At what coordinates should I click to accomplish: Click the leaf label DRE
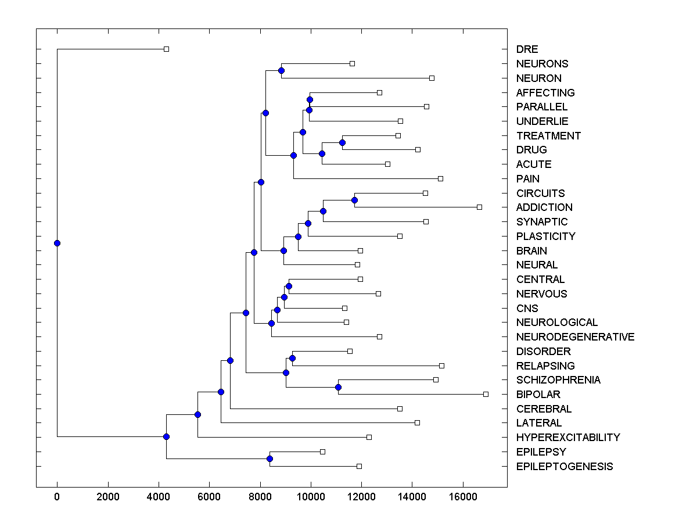tap(527, 49)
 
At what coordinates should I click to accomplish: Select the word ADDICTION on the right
tap(544, 207)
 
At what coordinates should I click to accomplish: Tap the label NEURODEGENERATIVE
tap(575, 337)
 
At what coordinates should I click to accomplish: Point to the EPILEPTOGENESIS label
tap(564, 467)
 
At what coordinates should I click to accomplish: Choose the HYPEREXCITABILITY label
tap(567, 438)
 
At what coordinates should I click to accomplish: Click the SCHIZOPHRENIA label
tap(558, 380)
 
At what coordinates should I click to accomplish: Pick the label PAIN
tap(527, 179)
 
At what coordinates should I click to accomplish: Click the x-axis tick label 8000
tap(260, 497)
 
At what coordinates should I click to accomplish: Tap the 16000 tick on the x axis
tap(463, 497)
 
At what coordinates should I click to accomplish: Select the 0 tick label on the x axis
tap(57, 497)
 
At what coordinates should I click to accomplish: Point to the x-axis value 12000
tap(361, 497)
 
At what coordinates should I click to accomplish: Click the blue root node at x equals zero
tap(57, 243)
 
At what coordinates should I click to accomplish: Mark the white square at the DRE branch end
tap(166, 49)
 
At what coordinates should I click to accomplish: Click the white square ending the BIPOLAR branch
tap(486, 394)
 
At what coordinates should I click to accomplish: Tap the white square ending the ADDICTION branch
tap(479, 207)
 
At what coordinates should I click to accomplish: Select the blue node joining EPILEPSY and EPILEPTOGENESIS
tap(270, 459)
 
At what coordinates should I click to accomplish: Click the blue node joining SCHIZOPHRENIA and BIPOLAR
tap(338, 387)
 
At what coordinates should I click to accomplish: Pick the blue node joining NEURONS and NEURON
tap(281, 70)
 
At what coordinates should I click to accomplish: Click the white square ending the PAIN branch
tap(440, 178)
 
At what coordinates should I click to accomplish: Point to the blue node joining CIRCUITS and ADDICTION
tap(354, 200)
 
